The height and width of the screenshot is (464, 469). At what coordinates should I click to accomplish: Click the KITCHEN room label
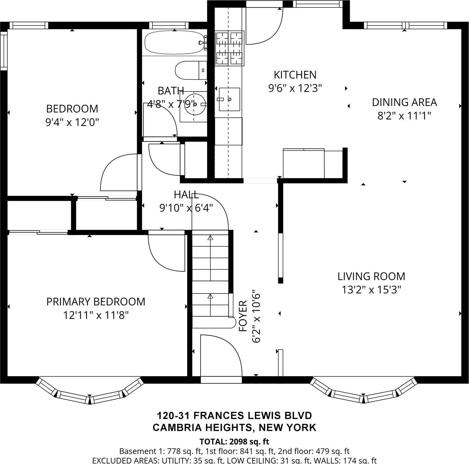coord(295,75)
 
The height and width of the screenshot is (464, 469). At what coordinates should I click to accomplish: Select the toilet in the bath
coord(190,70)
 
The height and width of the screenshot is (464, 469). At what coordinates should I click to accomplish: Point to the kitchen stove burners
coord(230,48)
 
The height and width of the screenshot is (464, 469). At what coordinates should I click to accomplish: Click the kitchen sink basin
coord(229,99)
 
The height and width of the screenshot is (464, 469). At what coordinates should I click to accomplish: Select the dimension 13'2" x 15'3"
coord(371,290)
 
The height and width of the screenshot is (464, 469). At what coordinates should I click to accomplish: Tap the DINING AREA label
coord(404,102)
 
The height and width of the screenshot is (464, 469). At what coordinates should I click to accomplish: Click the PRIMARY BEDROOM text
coord(96,302)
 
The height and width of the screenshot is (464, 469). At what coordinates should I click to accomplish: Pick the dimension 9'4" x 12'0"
coord(72,122)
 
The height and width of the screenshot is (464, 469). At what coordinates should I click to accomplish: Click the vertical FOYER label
coord(243,316)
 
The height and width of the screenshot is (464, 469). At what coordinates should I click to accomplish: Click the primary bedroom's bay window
coord(89,391)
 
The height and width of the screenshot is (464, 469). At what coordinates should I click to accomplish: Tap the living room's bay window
coord(363,391)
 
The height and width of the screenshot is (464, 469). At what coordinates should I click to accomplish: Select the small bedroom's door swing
coord(119,172)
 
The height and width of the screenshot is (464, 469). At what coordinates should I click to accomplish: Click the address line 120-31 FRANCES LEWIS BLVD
coord(234,416)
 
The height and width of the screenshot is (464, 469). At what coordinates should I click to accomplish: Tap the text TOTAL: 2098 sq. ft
coord(234,442)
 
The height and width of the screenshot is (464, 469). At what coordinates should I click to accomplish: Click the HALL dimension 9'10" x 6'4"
coord(186,208)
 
